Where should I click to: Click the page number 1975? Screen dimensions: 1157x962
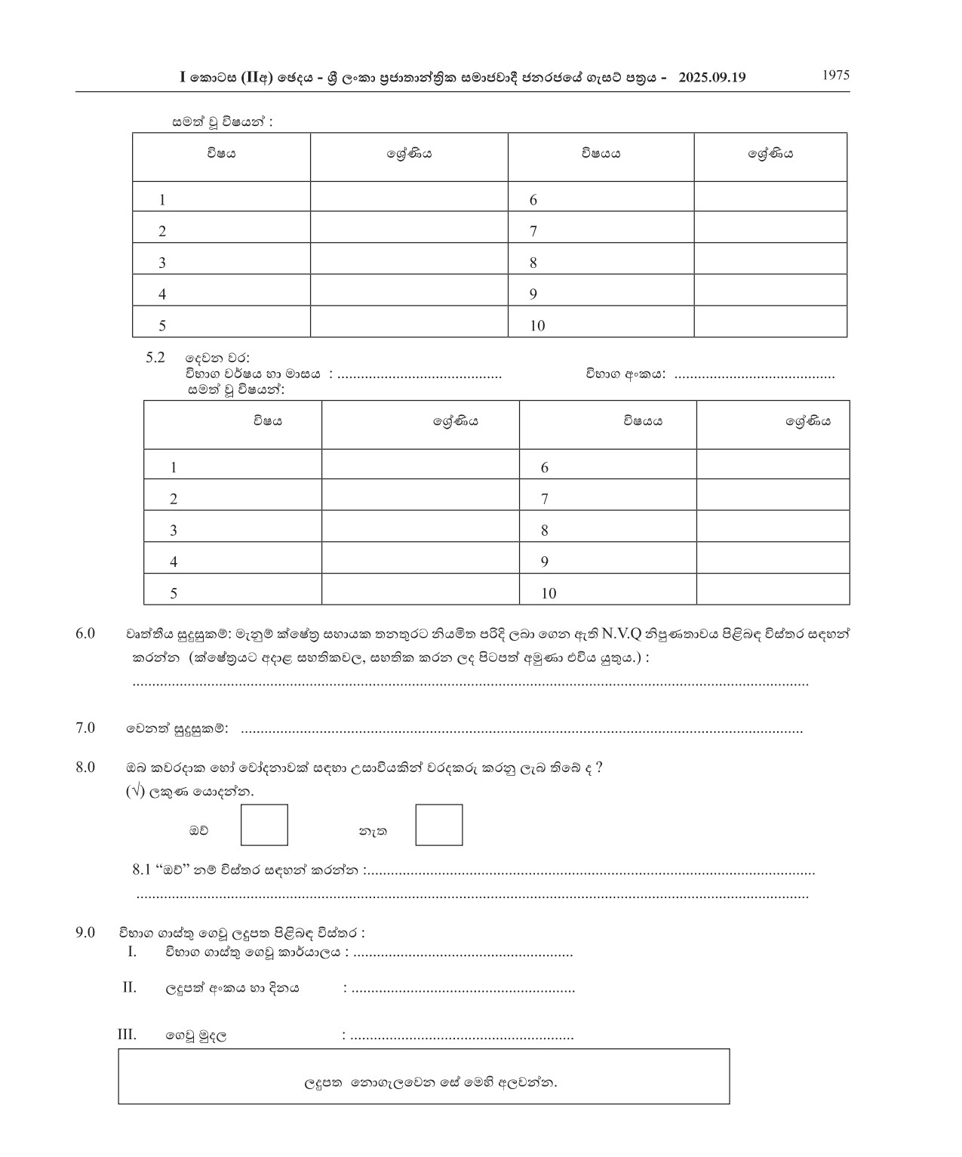[x=835, y=75]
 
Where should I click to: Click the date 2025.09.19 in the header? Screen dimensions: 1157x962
[x=712, y=77]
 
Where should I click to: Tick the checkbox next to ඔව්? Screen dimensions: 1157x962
[x=264, y=825]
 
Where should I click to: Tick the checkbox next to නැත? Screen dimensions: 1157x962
[x=439, y=825]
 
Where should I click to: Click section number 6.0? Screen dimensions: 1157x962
[x=85, y=633]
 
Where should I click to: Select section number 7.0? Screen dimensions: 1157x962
[x=85, y=728]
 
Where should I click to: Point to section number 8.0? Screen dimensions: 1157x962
[x=85, y=768]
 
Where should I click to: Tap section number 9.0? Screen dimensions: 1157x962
[x=85, y=933]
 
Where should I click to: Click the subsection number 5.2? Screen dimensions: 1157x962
[x=155, y=358]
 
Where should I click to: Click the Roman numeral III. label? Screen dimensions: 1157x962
[x=128, y=1035]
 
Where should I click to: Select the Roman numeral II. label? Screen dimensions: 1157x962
[x=130, y=987]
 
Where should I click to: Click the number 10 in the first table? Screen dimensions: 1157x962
[x=537, y=326]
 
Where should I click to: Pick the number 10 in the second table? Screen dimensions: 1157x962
[x=549, y=594]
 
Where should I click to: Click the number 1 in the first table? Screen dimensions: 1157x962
[x=162, y=201]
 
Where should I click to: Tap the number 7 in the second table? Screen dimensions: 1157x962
[x=545, y=500]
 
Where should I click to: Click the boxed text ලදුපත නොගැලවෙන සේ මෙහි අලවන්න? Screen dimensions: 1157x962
[x=430, y=1083]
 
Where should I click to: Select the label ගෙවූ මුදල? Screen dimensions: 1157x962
[x=196, y=1035]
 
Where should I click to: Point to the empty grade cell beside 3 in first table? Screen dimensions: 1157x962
[x=409, y=263]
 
